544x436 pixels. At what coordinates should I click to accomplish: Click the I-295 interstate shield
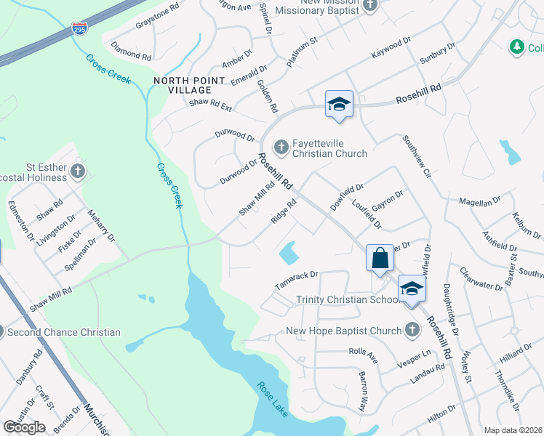tap(80, 29)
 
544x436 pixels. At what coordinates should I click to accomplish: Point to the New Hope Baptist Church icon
tap(412, 331)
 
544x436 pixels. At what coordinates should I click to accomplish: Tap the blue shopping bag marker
tap(380, 258)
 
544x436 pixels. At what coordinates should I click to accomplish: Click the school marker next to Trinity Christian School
tap(412, 289)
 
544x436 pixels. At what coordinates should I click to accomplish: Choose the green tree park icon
tap(517, 47)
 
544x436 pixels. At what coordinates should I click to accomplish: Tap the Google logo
tap(24, 427)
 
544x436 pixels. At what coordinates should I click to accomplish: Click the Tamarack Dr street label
tap(297, 278)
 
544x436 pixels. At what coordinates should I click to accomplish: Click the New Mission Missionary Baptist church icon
tap(370, 6)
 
